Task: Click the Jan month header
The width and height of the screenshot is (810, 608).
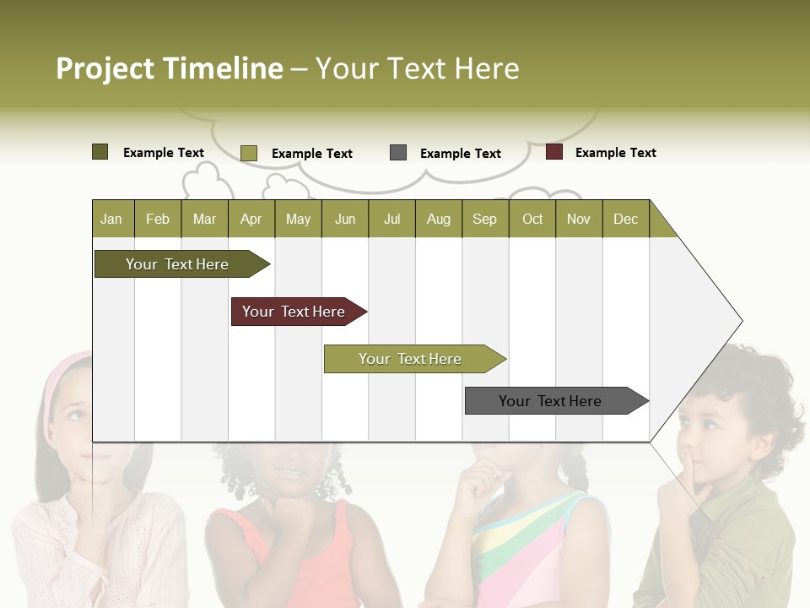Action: click(111, 219)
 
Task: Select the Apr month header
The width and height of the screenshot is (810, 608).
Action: click(251, 219)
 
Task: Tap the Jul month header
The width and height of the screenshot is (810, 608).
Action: click(391, 219)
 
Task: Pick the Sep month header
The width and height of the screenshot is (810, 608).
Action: click(484, 219)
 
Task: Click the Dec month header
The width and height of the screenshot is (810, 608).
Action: click(625, 219)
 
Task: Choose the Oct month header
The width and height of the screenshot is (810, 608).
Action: click(532, 219)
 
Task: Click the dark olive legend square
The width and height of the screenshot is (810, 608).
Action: click(100, 152)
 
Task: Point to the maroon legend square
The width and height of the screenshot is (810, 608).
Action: click(554, 152)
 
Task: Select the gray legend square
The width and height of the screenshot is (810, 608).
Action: click(398, 153)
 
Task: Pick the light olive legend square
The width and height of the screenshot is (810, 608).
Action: click(249, 153)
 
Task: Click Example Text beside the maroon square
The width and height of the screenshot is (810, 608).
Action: click(615, 153)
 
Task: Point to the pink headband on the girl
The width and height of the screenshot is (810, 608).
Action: click(64, 372)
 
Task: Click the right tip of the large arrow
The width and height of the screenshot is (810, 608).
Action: click(741, 321)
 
